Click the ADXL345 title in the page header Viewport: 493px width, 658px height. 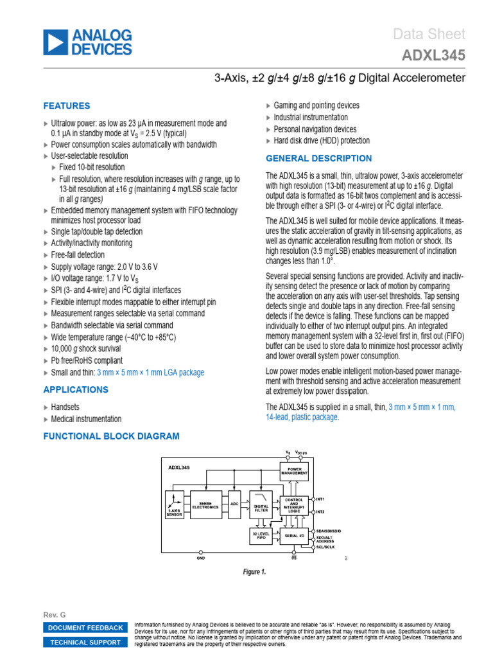pos(433,56)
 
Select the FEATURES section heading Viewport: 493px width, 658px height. pos(67,106)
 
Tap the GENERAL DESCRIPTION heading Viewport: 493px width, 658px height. pos(318,159)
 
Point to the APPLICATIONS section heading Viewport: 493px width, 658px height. pos(76,390)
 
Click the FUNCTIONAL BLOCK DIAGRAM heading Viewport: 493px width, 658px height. pos(111,436)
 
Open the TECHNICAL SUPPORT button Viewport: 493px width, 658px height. pos(85,642)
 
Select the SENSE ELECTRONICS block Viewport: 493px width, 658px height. pos(209,506)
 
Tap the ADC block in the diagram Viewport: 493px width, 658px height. pos(235,505)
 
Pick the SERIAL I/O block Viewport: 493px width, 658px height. pos(294,535)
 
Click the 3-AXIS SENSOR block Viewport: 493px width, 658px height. pos(173,507)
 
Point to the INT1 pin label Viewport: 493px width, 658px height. pos(320,499)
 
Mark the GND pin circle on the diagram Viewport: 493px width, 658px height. pos(202,552)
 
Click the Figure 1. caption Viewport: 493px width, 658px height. pos(255,571)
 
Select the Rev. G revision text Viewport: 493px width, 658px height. pos(54,615)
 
